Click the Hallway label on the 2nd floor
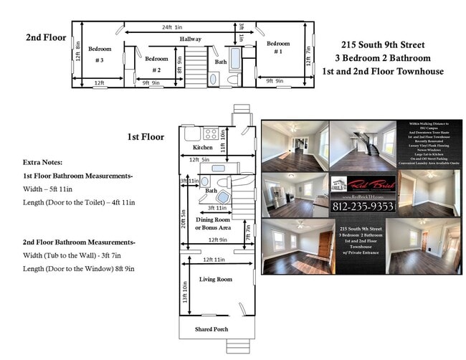coord(191,39)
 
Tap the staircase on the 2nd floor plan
coord(196,70)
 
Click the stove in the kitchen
coord(211,133)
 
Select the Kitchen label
coord(203,148)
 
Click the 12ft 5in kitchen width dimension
coord(200,159)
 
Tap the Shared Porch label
coord(216,329)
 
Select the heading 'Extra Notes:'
coord(42,162)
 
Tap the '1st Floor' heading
coord(146,136)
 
